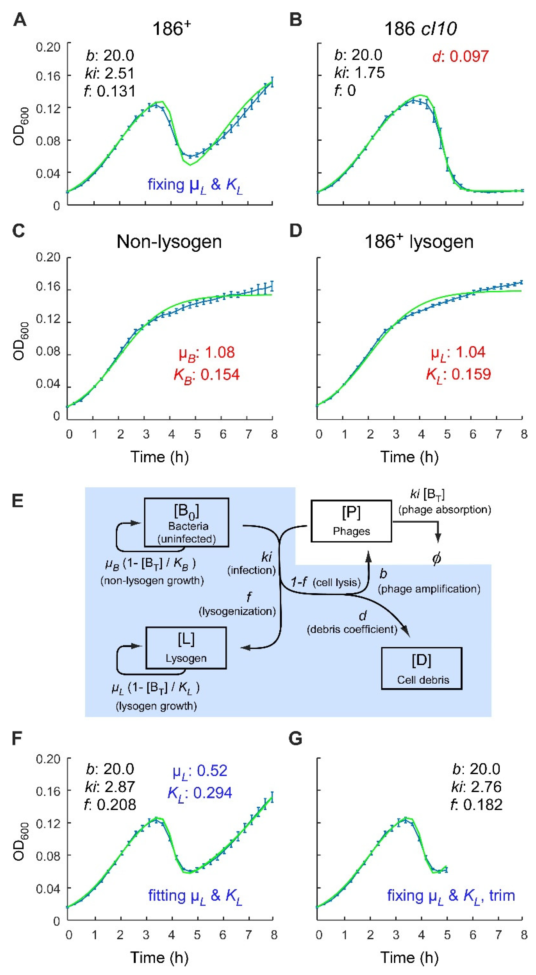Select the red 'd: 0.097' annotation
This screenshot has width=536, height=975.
point(460,56)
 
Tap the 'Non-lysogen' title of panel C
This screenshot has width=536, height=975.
point(169,241)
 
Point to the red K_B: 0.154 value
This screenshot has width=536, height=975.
point(206,374)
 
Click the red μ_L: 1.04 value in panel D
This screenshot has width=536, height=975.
point(458,352)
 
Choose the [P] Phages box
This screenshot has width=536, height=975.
point(351,521)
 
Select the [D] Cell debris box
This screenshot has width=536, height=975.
point(421,668)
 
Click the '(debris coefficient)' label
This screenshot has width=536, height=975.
point(352,629)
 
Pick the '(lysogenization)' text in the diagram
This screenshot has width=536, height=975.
point(237,611)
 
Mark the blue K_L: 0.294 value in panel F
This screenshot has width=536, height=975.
point(200,792)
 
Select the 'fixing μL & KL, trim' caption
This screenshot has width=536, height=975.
point(451,896)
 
